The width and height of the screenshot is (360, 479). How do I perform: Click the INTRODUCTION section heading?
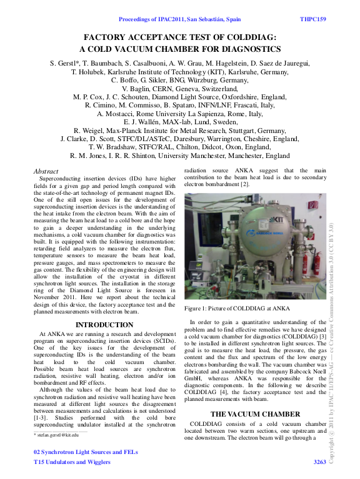point(104,325)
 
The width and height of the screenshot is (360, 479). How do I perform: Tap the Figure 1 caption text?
point(237,308)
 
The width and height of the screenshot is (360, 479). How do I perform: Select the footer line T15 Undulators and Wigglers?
point(72,462)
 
